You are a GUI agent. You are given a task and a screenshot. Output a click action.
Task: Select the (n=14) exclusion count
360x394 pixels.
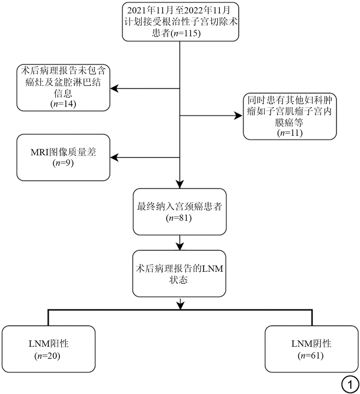63,103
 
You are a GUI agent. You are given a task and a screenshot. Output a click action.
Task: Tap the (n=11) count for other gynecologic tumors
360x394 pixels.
290,133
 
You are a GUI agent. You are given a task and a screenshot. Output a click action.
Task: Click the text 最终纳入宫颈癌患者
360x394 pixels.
179,207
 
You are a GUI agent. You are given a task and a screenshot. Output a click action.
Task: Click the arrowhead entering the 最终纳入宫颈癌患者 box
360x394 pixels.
179,185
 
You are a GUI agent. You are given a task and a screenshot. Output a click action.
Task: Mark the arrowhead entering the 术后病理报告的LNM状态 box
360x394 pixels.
179,247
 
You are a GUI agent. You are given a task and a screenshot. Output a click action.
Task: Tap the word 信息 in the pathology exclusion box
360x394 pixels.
63,93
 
